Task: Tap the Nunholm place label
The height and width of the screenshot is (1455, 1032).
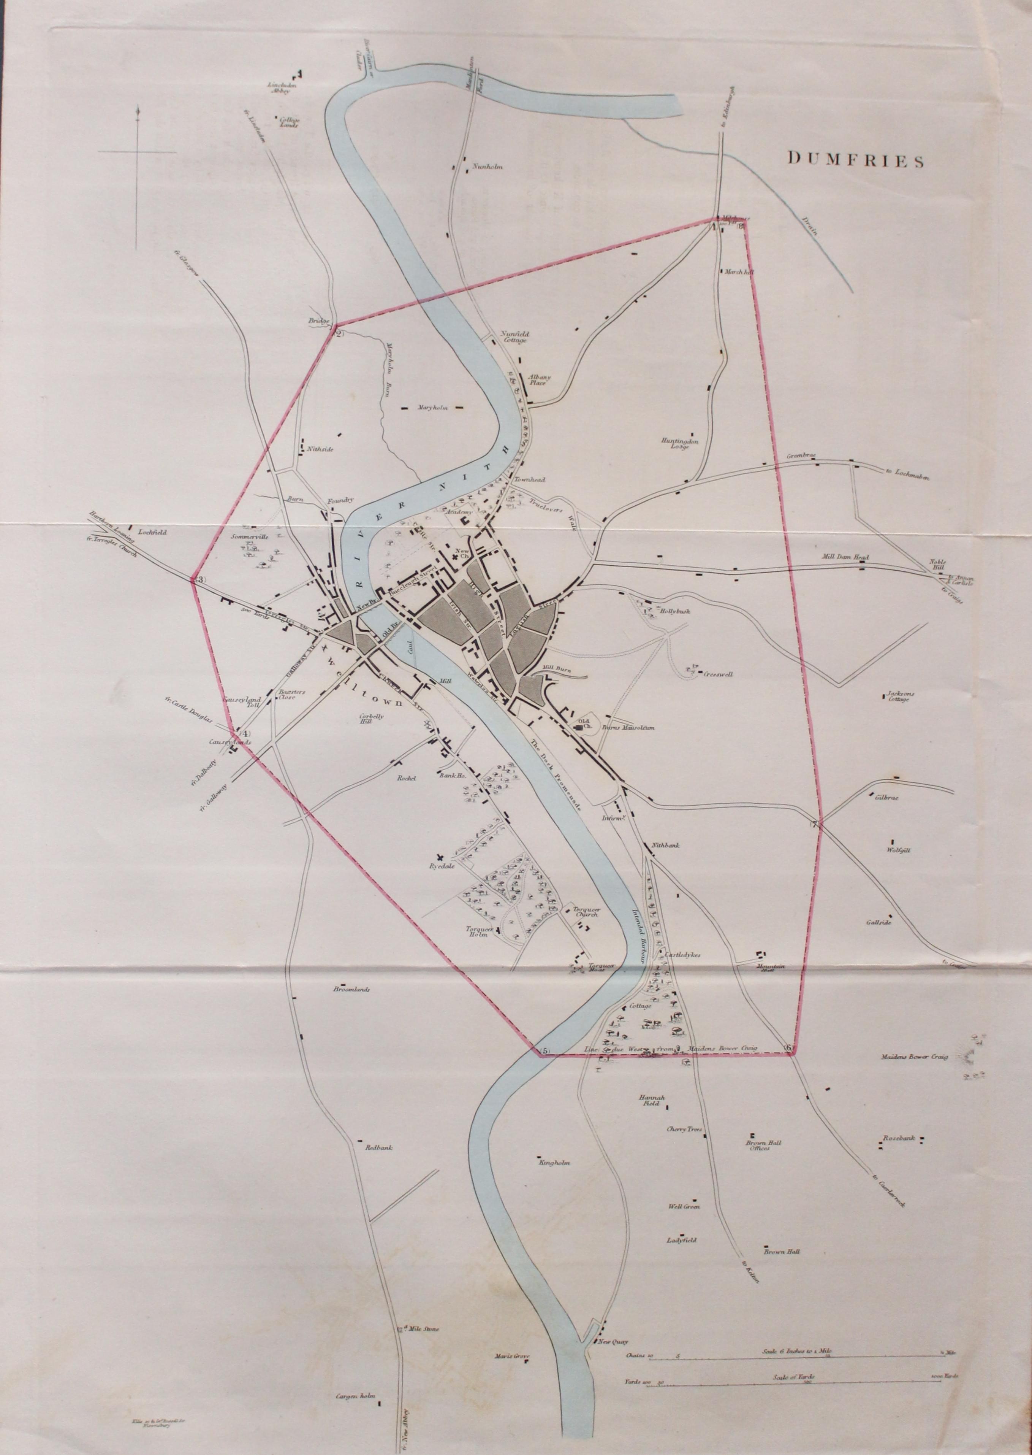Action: tap(488, 167)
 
